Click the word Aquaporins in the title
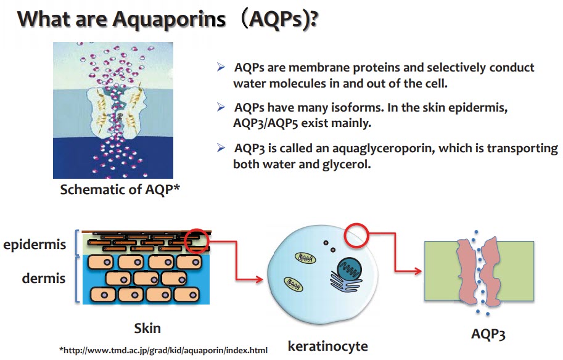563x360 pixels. point(169,20)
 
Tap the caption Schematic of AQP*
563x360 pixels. point(120,189)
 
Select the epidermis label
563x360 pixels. point(35,245)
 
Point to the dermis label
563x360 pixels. point(44,278)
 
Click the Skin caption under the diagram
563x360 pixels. point(147,328)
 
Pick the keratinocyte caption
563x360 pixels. point(328,346)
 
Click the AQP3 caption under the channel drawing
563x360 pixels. point(488,333)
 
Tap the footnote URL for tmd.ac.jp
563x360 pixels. point(163,350)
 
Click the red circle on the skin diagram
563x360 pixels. point(197,241)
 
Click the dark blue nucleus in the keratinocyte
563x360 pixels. point(349,269)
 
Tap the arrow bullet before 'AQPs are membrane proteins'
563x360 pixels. point(221,67)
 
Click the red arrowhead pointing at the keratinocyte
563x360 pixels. point(259,279)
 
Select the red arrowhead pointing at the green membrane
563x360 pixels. point(417,271)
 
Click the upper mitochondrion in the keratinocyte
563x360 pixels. point(306,258)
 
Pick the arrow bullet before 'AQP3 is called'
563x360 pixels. point(221,147)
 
